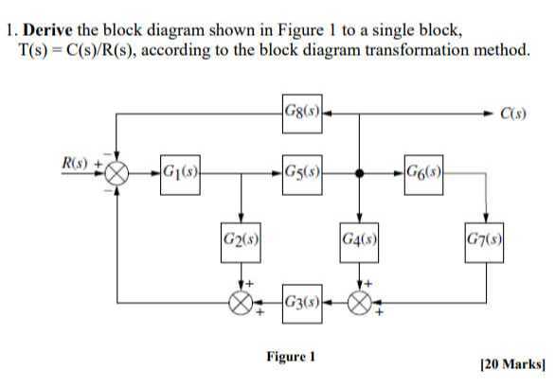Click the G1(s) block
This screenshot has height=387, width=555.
(178, 173)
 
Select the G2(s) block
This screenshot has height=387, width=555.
(242, 234)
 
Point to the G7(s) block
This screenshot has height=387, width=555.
(485, 234)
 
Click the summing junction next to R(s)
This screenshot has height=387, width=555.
(116, 174)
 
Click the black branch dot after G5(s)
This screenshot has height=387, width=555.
(359, 174)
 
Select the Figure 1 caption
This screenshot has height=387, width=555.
(288, 357)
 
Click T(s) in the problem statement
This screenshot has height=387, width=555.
(36, 49)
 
